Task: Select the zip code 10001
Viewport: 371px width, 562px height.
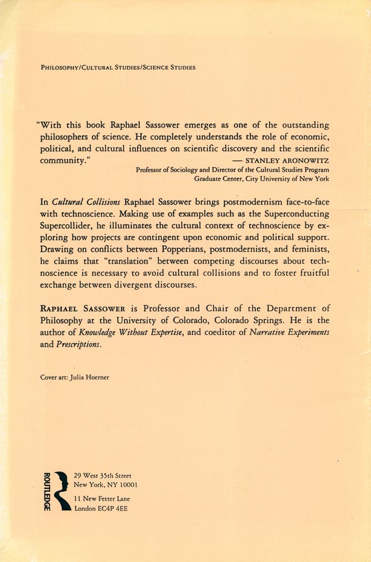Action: click(x=126, y=485)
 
